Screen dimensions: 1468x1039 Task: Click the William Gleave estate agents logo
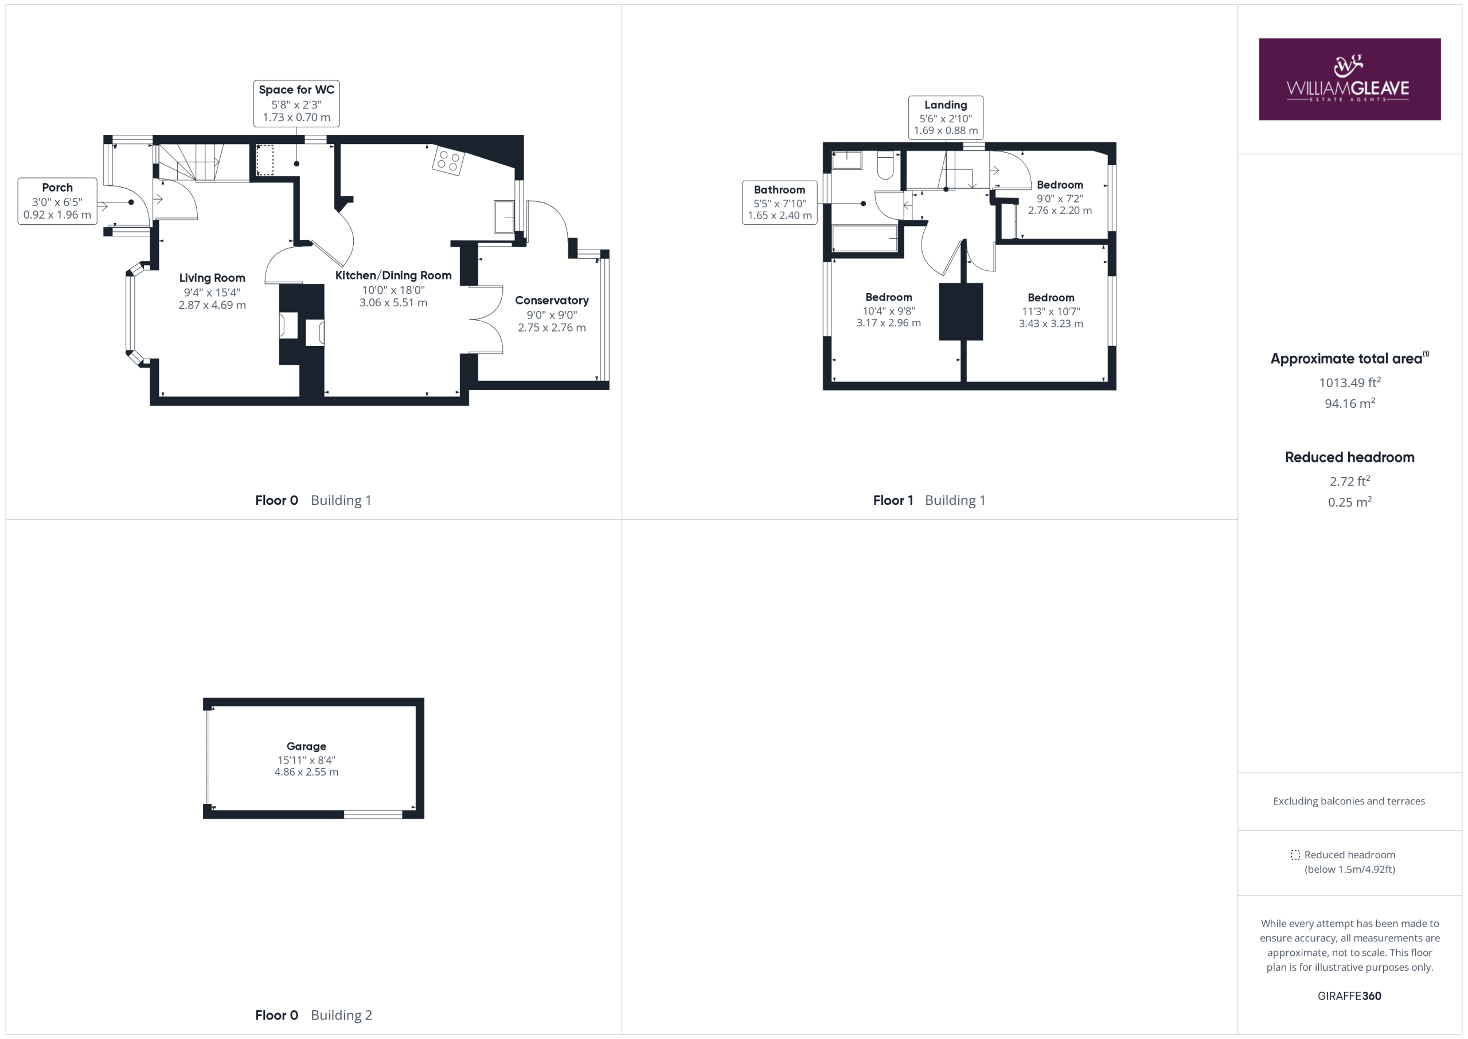(x=1349, y=79)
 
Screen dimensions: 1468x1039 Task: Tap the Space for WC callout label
(x=296, y=103)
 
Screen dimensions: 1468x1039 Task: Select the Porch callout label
(x=57, y=201)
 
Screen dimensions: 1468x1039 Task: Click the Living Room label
(x=212, y=291)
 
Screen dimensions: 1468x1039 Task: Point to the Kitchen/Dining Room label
(x=393, y=289)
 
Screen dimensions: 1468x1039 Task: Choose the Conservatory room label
(x=552, y=313)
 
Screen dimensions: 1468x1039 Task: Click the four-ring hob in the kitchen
(x=447, y=161)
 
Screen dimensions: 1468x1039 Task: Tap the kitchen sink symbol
(x=504, y=217)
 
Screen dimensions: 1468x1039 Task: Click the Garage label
(x=306, y=759)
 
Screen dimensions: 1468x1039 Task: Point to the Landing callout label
(x=946, y=117)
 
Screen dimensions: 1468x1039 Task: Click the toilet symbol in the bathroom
(x=885, y=165)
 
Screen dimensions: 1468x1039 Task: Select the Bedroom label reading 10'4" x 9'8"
(x=889, y=310)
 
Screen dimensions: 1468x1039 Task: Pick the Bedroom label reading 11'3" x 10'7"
(x=1051, y=311)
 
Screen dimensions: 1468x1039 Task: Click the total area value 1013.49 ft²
(x=1350, y=383)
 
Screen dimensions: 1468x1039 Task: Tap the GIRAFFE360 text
(x=1349, y=995)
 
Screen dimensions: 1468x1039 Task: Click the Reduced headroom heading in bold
(x=1350, y=457)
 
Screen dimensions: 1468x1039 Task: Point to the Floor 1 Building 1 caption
(x=929, y=500)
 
